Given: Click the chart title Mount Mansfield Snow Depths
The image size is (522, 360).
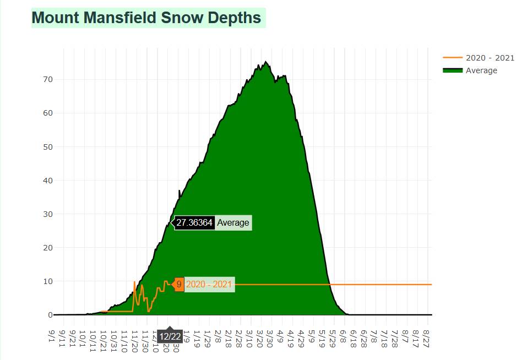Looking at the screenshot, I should [146, 18].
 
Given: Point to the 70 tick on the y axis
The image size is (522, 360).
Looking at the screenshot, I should [47, 79].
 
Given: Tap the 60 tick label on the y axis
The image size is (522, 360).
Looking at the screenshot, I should [47, 113].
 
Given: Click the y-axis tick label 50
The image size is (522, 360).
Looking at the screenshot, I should [47, 146].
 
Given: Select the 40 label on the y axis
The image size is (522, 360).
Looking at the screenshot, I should [47, 180].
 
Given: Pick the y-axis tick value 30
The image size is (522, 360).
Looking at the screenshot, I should [47, 214].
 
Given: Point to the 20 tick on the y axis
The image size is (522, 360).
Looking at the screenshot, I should [47, 247].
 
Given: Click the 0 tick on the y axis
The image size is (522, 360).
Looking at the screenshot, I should [50, 315].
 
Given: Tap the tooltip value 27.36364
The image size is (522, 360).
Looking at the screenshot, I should [194, 223].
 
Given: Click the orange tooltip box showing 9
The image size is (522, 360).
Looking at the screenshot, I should [179, 285].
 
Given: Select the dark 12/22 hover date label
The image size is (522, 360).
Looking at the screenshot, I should [170, 336].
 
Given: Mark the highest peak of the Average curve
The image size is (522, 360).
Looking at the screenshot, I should [266, 62].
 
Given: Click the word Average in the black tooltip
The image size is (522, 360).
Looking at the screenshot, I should [233, 223].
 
